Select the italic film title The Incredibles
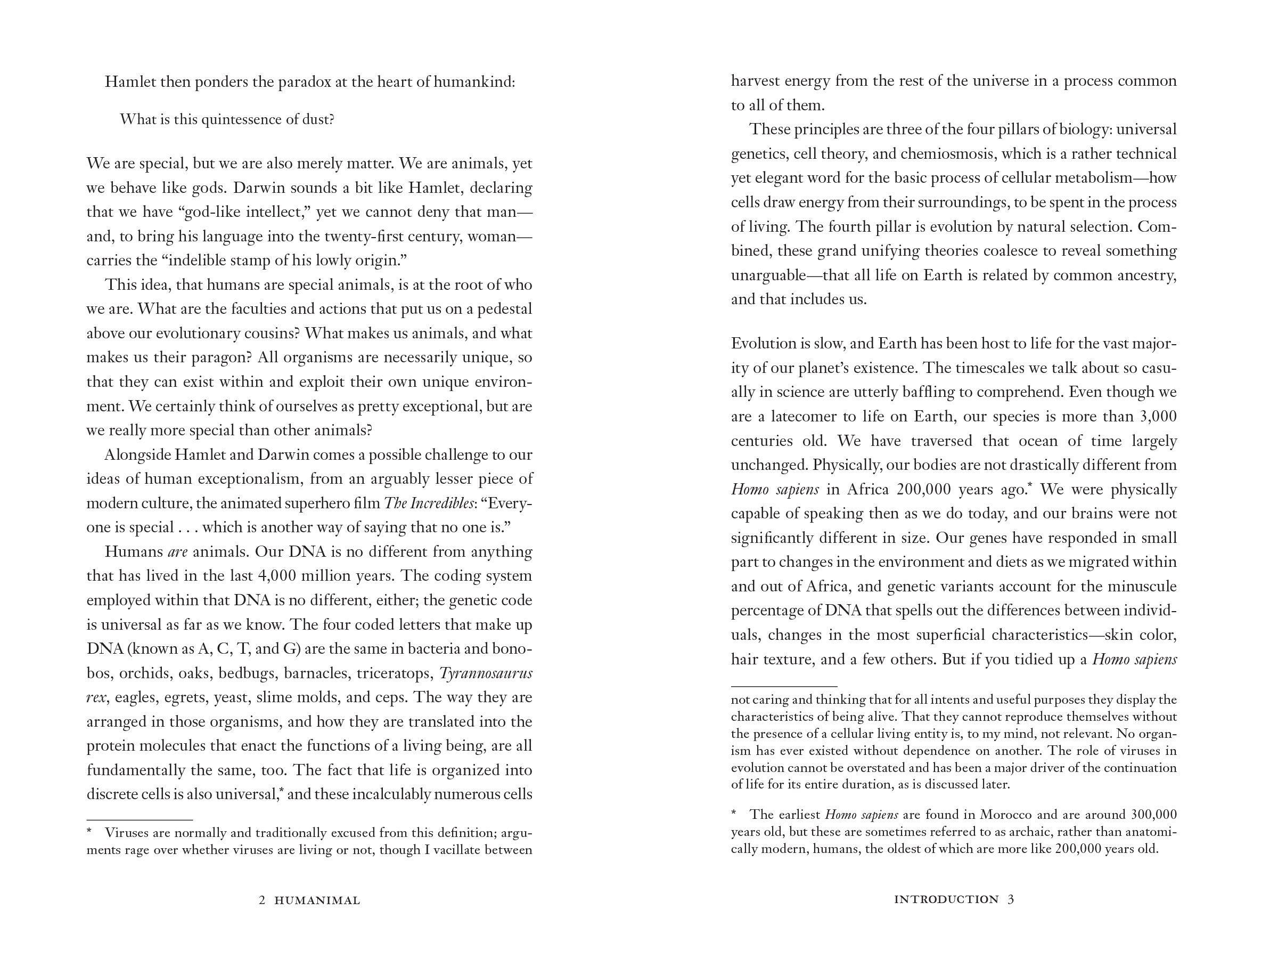point(428,503)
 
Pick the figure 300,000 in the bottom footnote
point(1149,815)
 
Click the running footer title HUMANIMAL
point(317,900)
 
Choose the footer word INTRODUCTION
point(946,899)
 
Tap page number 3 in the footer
point(1011,899)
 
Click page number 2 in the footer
point(263,900)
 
